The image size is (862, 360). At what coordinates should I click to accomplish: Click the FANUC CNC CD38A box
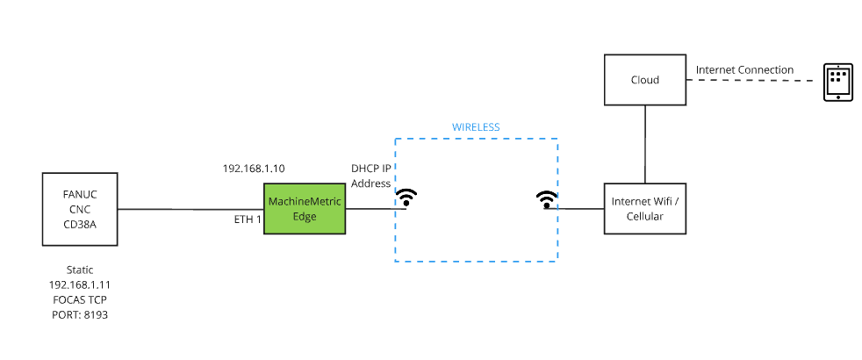pyautogui.click(x=79, y=209)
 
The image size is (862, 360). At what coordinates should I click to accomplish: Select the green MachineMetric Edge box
pyautogui.click(x=304, y=209)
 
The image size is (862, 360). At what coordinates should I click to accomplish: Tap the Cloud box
pyautogui.click(x=645, y=80)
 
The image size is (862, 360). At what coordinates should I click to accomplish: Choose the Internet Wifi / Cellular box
pyautogui.click(x=645, y=209)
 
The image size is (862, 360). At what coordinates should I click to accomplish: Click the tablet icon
pyautogui.click(x=837, y=83)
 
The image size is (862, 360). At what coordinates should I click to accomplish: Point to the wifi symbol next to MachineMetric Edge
pyautogui.click(x=406, y=198)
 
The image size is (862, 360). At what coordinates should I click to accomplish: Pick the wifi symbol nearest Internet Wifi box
pyautogui.click(x=547, y=200)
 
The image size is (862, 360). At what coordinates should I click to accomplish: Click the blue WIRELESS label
pyautogui.click(x=476, y=127)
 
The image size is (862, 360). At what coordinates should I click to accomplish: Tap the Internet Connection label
pyautogui.click(x=744, y=69)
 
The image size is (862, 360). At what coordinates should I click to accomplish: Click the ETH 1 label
pyautogui.click(x=248, y=219)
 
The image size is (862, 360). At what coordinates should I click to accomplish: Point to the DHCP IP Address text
pyautogui.click(x=370, y=176)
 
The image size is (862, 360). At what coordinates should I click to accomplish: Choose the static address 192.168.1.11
pyautogui.click(x=79, y=285)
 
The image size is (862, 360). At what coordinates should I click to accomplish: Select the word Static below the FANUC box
pyautogui.click(x=79, y=270)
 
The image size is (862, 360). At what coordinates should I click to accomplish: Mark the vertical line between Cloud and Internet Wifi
pyautogui.click(x=645, y=144)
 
